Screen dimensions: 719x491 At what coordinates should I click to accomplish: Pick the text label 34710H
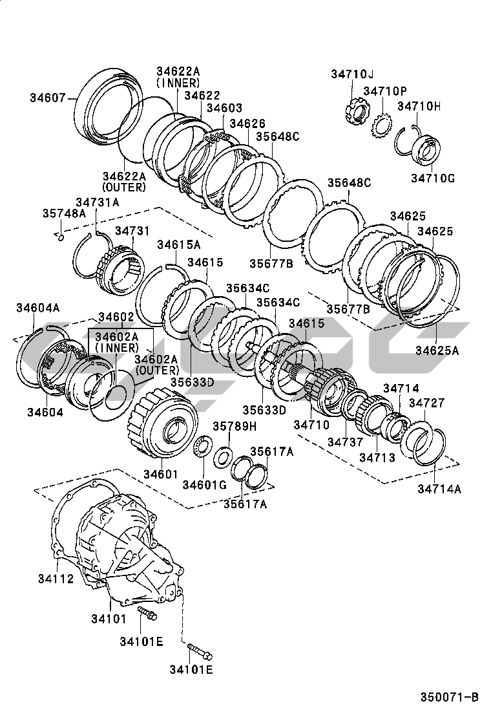[x=419, y=105]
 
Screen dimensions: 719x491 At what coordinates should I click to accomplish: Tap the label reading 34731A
[x=98, y=202]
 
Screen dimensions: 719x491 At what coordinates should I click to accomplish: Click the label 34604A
[x=37, y=308]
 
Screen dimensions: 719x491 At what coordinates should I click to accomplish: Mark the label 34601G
[x=204, y=485]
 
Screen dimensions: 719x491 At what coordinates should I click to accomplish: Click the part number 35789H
[x=235, y=427]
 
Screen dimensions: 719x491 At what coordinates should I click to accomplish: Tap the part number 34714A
[x=439, y=489]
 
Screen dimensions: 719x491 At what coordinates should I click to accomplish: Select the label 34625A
[x=437, y=350]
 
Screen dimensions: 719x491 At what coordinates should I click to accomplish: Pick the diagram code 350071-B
[x=450, y=696]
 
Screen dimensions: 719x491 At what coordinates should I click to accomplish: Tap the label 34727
[x=426, y=402]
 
